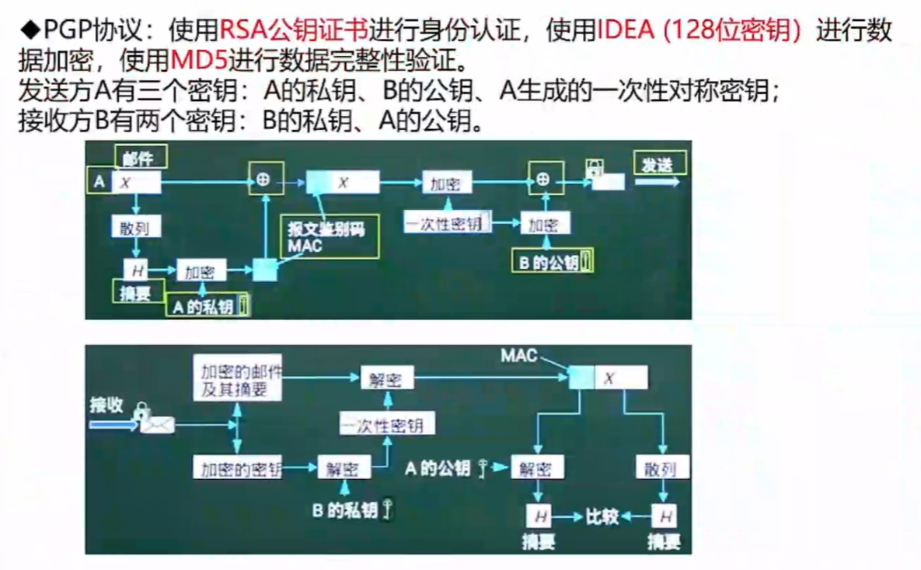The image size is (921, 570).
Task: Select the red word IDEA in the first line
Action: pos(623,32)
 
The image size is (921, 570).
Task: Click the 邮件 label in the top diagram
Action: pos(140,158)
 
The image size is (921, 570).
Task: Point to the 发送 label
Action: pos(658,164)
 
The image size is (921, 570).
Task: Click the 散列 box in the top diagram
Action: pos(136,227)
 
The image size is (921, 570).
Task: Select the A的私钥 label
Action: pos(204,306)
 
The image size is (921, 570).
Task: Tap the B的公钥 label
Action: pos(551,263)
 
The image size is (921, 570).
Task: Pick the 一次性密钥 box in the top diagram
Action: pos(447,224)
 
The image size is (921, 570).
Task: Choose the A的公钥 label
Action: pos(438,468)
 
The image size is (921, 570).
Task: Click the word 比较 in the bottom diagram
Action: pos(602,515)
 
